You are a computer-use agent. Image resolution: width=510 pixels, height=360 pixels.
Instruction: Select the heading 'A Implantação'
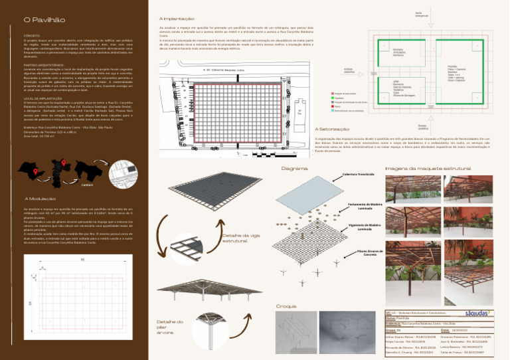click(x=177, y=18)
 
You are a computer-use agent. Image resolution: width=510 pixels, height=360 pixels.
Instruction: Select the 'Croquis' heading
click(x=286, y=306)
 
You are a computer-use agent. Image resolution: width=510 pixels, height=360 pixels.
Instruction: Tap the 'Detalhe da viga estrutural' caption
click(x=236, y=238)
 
